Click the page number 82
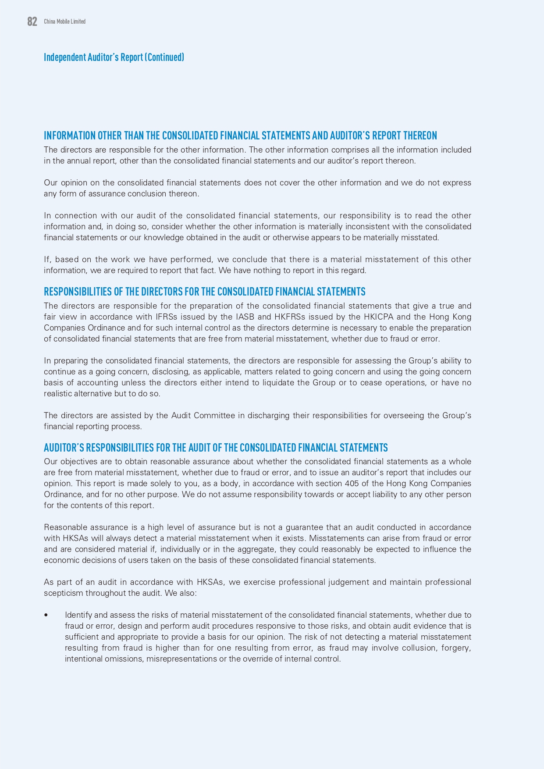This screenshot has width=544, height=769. point(32,21)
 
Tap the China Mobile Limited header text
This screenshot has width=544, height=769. point(64,21)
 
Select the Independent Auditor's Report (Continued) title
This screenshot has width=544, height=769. point(114,57)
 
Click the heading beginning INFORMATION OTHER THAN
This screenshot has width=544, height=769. point(240,135)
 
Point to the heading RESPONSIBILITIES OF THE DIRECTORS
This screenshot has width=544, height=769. point(204,292)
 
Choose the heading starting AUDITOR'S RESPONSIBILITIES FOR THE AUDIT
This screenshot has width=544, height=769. point(216,448)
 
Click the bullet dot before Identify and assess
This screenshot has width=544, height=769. point(46,615)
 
